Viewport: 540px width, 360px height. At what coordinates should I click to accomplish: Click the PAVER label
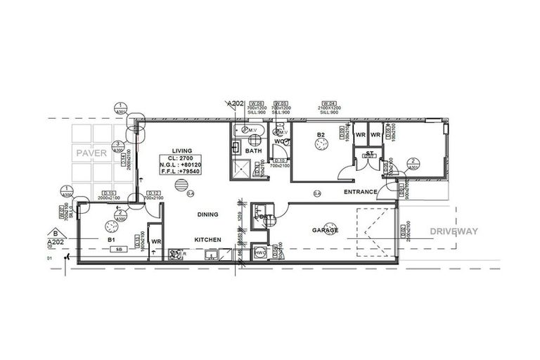click(x=91, y=153)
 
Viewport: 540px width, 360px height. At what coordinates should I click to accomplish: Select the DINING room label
click(x=207, y=214)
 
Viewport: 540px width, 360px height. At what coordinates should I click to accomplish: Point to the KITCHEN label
click(x=208, y=240)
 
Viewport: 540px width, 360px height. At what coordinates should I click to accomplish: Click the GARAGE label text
click(x=326, y=230)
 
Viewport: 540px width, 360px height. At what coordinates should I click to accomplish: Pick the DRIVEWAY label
click(x=454, y=231)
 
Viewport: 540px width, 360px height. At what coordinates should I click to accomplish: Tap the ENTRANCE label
click(x=360, y=191)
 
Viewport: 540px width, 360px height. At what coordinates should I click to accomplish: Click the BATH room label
click(x=253, y=151)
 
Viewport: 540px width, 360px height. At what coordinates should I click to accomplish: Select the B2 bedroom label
click(x=320, y=134)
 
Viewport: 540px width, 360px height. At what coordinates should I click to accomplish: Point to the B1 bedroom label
click(x=110, y=240)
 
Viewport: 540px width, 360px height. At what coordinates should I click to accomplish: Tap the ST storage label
click(x=368, y=153)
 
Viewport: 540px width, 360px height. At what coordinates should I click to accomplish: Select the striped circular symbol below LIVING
click(x=182, y=186)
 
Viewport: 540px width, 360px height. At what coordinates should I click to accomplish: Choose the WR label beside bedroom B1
click(x=156, y=241)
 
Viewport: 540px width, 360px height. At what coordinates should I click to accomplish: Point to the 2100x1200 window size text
click(x=328, y=107)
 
